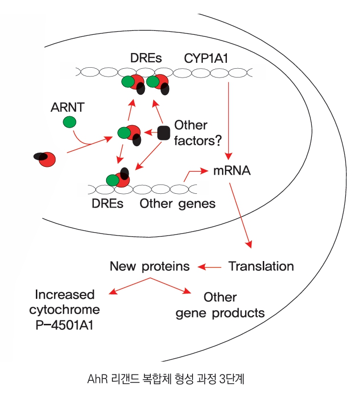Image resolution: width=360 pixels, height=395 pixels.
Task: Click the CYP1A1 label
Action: click(207, 59)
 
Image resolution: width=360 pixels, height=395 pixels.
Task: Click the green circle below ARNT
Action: click(69, 122)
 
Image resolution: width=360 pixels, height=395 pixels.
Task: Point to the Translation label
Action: click(261, 266)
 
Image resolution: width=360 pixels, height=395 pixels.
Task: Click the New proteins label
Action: click(150, 266)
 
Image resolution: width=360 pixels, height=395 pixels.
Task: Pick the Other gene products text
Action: click(220, 305)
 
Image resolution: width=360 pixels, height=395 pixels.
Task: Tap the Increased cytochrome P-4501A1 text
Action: click(64, 309)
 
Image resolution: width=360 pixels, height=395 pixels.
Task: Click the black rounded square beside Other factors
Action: click(164, 132)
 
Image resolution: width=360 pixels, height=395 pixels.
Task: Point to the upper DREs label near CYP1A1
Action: click(146, 59)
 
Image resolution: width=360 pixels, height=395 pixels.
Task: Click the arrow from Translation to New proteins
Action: click(210, 267)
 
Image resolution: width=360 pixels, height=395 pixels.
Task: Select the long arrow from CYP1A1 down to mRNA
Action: click(229, 118)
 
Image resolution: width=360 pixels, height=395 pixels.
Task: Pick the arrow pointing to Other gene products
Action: click(171, 286)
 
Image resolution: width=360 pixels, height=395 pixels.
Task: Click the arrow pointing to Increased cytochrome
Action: click(129, 286)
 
